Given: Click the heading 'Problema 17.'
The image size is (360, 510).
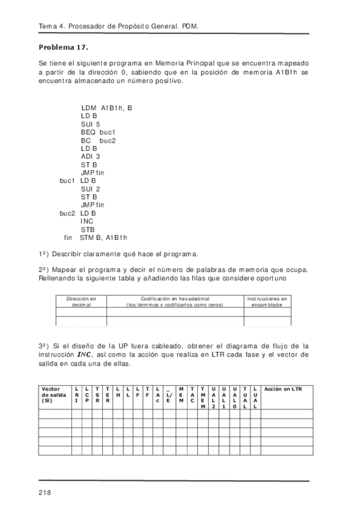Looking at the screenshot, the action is tap(63, 47).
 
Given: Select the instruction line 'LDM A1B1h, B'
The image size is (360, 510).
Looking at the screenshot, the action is tap(106, 108).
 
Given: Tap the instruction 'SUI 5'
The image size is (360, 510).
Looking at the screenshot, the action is tap(90, 124).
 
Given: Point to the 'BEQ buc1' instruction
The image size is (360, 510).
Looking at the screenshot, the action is tap(97, 132).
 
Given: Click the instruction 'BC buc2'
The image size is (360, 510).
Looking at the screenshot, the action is tap(97, 140).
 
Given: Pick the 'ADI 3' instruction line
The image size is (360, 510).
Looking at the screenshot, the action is tap(90, 156).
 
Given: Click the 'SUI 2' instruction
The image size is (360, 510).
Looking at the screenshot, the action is tap(90, 189).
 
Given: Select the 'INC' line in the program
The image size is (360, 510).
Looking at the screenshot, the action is tap(87, 221).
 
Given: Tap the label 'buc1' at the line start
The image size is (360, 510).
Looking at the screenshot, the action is tap(67, 180).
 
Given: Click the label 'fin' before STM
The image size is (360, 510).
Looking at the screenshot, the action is tap(68, 238).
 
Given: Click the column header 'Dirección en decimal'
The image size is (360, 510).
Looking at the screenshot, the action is tap(81, 302).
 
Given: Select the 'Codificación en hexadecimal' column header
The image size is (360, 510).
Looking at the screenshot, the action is tap(175, 302).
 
